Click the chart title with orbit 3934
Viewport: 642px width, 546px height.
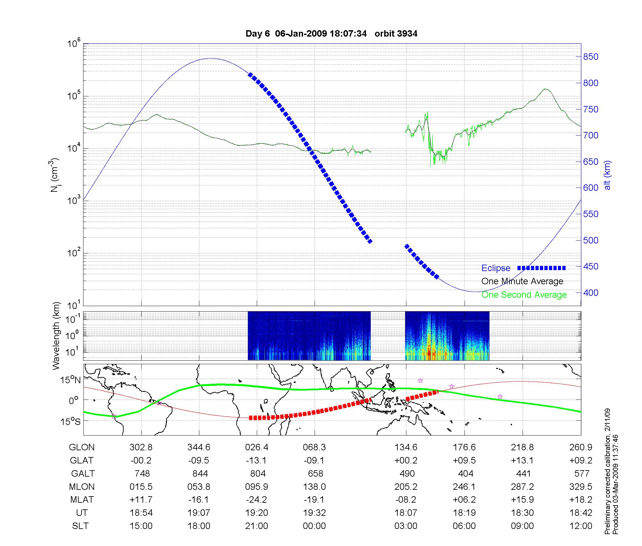pyautogui.click(x=331, y=34)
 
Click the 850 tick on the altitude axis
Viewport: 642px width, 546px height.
pyautogui.click(x=591, y=57)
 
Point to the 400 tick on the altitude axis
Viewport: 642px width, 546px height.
pyautogui.click(x=591, y=293)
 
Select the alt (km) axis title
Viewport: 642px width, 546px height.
pyautogui.click(x=607, y=175)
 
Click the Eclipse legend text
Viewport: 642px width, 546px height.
pyautogui.click(x=496, y=268)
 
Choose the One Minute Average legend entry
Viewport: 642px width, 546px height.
pyautogui.click(x=522, y=281)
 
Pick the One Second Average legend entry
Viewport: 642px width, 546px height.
pyautogui.click(x=524, y=295)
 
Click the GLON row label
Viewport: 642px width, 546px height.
pyautogui.click(x=82, y=447)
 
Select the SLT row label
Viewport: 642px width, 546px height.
pyautogui.click(x=80, y=526)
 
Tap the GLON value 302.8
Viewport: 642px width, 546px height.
pyautogui.click(x=141, y=447)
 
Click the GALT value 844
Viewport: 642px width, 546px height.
pyautogui.click(x=200, y=473)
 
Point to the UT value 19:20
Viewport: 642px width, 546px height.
pyautogui.click(x=256, y=513)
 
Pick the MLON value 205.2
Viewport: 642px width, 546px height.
pyautogui.click(x=406, y=487)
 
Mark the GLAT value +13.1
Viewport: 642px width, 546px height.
pyautogui.click(x=522, y=460)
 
